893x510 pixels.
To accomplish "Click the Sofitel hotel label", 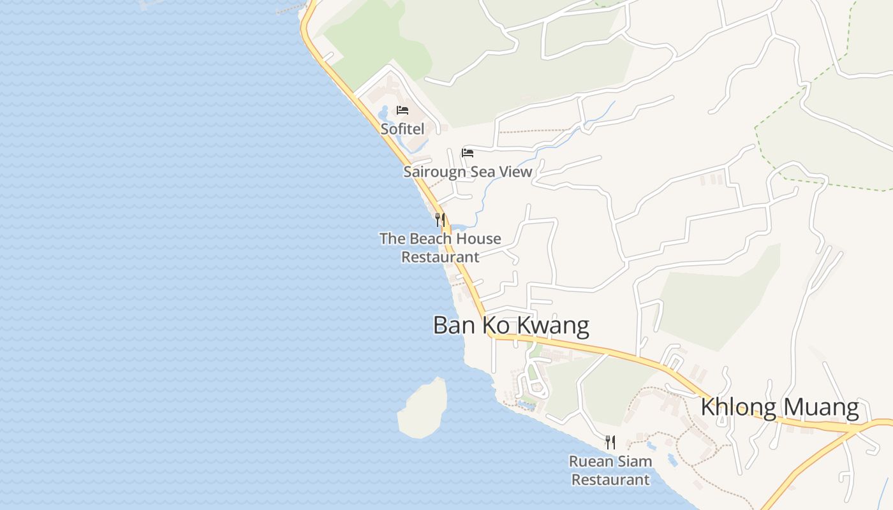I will click(x=402, y=128).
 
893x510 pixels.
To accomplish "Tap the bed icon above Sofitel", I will click(x=402, y=110).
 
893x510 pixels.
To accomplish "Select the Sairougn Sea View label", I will click(x=468, y=171).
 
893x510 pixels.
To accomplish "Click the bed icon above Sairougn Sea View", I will click(x=468, y=153).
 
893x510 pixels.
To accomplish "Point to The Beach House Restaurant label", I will click(x=440, y=247).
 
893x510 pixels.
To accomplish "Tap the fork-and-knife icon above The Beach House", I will click(x=439, y=220).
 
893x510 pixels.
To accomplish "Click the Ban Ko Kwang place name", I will click(x=511, y=325).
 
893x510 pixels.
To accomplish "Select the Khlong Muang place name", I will click(x=779, y=407).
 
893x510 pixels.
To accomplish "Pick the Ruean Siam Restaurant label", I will click(x=610, y=470).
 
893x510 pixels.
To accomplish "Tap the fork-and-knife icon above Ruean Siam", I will click(x=610, y=442).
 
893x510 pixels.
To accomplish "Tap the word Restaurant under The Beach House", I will click(x=440, y=257).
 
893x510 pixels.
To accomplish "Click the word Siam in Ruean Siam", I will click(x=634, y=461).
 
